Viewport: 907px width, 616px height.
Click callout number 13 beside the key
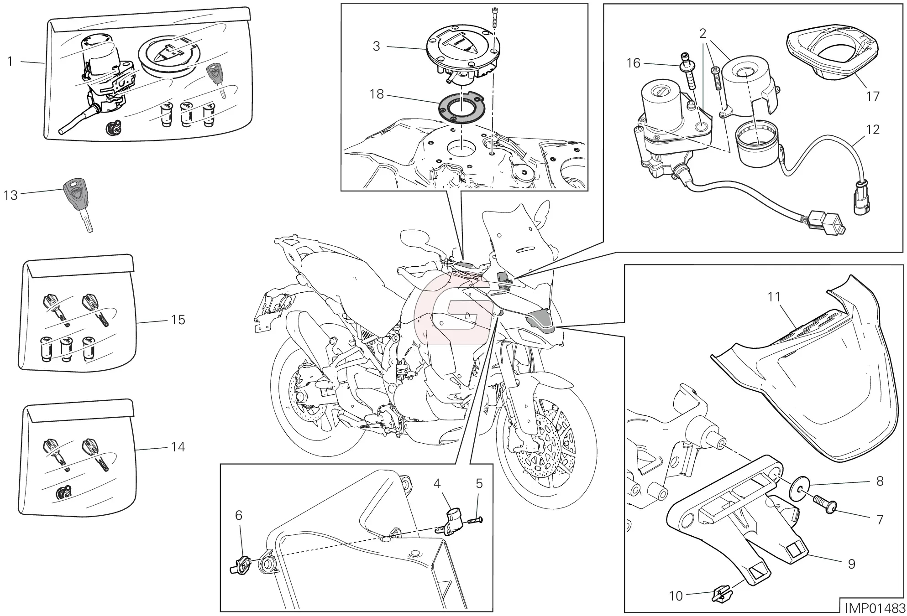(x=10, y=196)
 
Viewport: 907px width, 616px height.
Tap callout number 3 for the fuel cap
(x=376, y=47)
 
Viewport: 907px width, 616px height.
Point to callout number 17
(x=872, y=96)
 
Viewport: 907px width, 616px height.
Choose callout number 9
(x=851, y=564)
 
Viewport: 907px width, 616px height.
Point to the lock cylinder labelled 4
(x=453, y=521)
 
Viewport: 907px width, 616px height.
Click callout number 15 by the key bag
(x=178, y=320)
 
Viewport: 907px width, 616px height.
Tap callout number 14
(x=178, y=447)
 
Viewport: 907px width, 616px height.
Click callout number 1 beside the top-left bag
(x=10, y=61)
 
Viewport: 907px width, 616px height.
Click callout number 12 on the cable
(x=872, y=129)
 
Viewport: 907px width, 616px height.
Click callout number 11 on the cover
(x=774, y=297)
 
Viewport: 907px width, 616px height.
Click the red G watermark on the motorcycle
(x=451, y=314)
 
